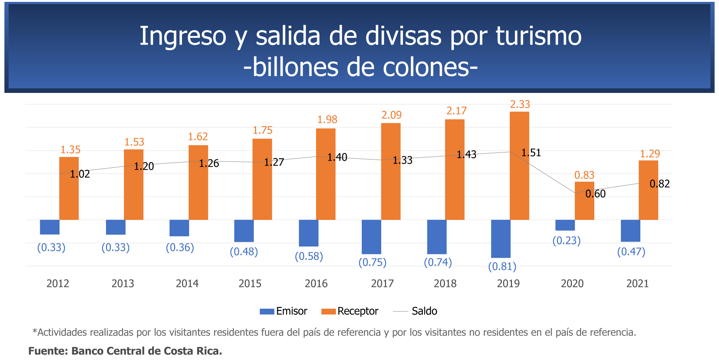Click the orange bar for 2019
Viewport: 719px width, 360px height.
pyautogui.click(x=519, y=166)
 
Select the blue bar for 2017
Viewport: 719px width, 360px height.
pyautogui.click(x=371, y=237)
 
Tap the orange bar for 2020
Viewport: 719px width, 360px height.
pyautogui.click(x=585, y=201)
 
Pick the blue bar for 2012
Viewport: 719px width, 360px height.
pyautogui.click(x=49, y=227)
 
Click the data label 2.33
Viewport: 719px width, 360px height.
pyautogui.click(x=520, y=105)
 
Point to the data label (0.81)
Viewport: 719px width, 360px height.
pyautogui.click(x=502, y=266)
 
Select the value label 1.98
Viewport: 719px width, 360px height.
pyautogui.click(x=327, y=120)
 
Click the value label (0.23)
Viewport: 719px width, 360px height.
pyautogui.click(x=566, y=240)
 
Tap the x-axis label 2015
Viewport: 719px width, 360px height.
pyautogui.click(x=250, y=283)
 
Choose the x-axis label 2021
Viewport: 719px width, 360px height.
pyautogui.click(x=637, y=283)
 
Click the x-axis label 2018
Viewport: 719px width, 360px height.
pyautogui.click(x=445, y=283)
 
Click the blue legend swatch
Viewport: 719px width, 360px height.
pyautogui.click(x=267, y=312)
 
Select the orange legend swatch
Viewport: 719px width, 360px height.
pyautogui.click(x=328, y=312)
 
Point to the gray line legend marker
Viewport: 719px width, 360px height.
pyautogui.click(x=400, y=311)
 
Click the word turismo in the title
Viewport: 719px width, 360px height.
pyautogui.click(x=539, y=36)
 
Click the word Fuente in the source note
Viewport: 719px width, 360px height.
pyautogui.click(x=48, y=351)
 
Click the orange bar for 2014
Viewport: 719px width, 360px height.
pyautogui.click(x=198, y=182)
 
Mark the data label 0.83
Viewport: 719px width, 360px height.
pyautogui.click(x=584, y=175)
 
